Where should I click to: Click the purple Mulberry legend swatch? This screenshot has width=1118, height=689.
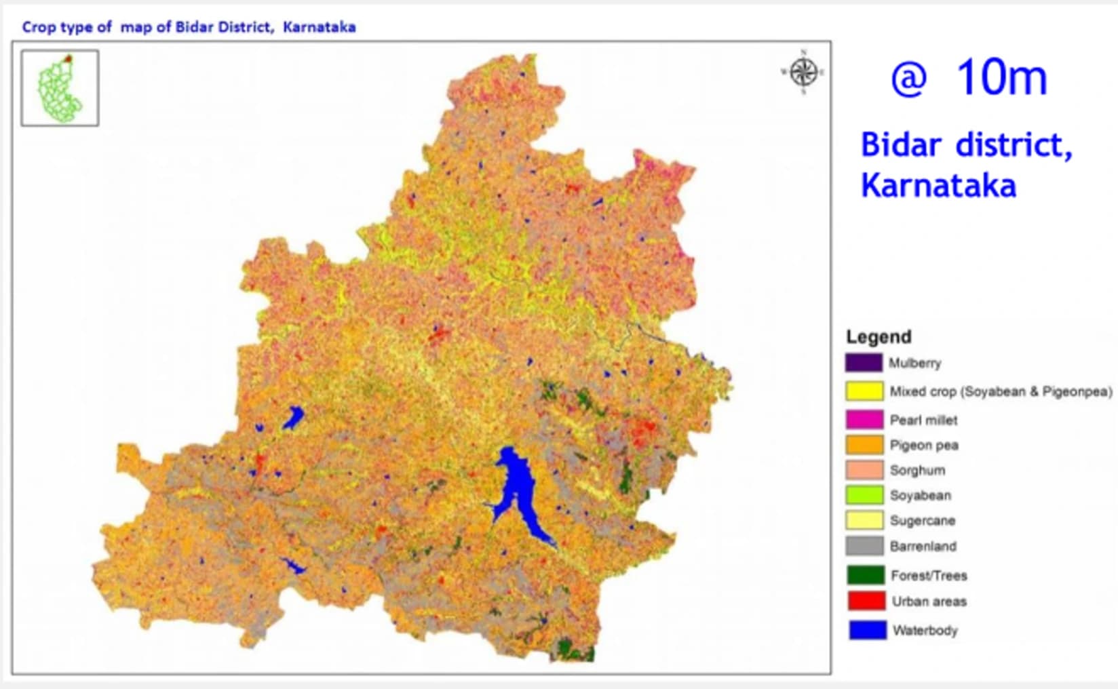[864, 363]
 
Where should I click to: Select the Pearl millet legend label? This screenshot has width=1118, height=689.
[923, 420]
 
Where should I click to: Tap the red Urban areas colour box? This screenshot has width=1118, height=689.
[866, 601]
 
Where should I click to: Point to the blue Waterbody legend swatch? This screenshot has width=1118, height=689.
[868, 630]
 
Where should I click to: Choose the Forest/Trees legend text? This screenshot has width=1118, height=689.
[929, 576]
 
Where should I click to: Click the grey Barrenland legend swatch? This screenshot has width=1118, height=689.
[864, 546]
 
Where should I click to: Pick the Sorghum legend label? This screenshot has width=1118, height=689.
[917, 470]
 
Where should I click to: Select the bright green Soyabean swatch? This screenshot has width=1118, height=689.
[864, 495]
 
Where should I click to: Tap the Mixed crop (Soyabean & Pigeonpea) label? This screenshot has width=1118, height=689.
[1001, 391]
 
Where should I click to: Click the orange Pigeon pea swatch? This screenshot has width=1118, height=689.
[864, 445]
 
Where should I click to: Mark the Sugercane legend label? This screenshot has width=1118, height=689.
[923, 521]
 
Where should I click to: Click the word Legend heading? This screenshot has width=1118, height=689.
[879, 337]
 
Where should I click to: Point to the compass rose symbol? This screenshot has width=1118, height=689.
[803, 71]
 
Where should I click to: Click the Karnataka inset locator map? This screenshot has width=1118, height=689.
[60, 88]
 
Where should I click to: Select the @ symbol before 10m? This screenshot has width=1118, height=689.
[908, 80]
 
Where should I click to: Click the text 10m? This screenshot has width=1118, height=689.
[1002, 77]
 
